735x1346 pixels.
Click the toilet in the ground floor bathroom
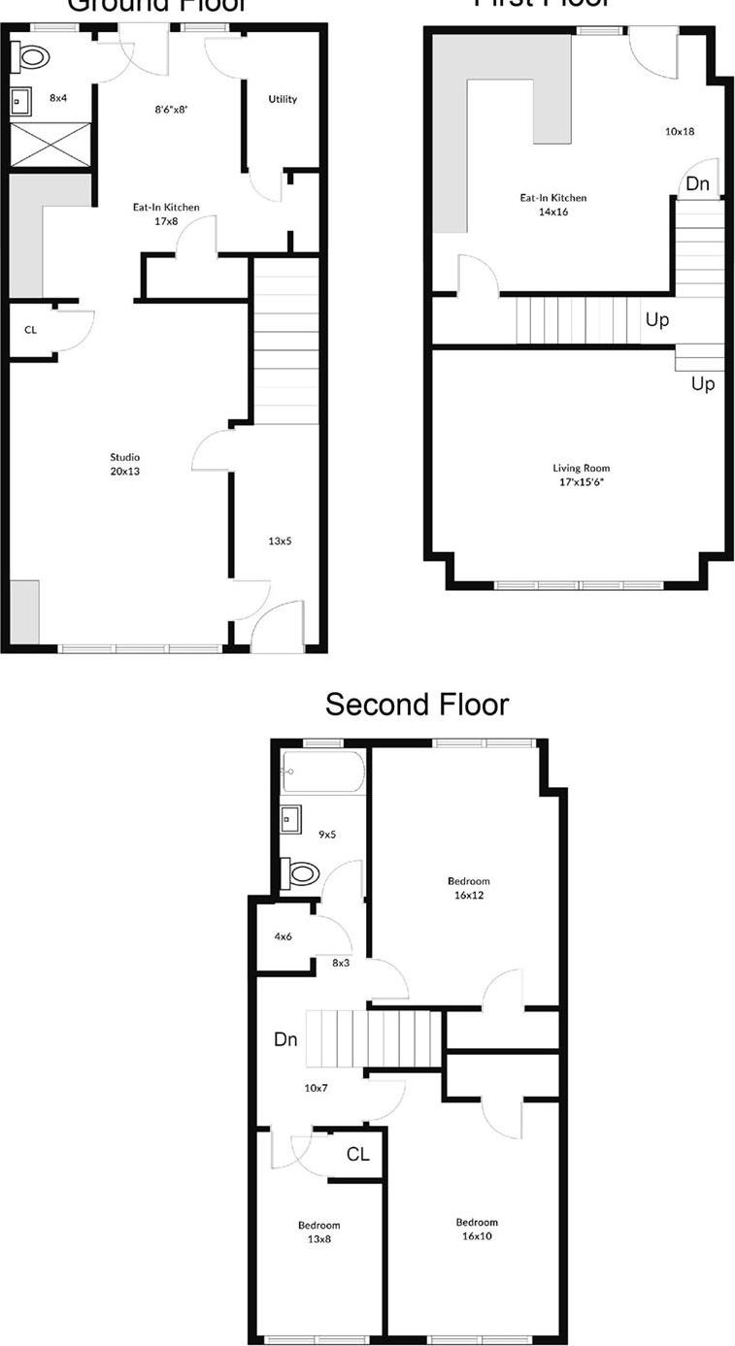coord(33,57)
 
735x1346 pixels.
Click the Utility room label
coord(283,99)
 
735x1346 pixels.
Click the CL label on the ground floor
coord(30,330)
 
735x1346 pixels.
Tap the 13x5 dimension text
coord(279,541)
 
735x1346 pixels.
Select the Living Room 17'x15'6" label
coord(581,475)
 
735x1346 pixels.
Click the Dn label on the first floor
coord(697,183)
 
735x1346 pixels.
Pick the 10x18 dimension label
coord(679,131)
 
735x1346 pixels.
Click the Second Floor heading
coord(417,705)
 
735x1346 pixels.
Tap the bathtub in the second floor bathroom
coord(322,772)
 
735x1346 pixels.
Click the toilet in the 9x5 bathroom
coord(300,873)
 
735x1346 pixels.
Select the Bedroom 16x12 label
coord(466,888)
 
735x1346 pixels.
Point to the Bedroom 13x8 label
coord(318,1231)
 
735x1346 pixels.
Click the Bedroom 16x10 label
coord(477,1229)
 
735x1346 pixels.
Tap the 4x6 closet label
coord(283,936)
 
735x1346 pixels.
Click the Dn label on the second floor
coord(284,1039)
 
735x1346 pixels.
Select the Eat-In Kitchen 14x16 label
coord(552,205)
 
